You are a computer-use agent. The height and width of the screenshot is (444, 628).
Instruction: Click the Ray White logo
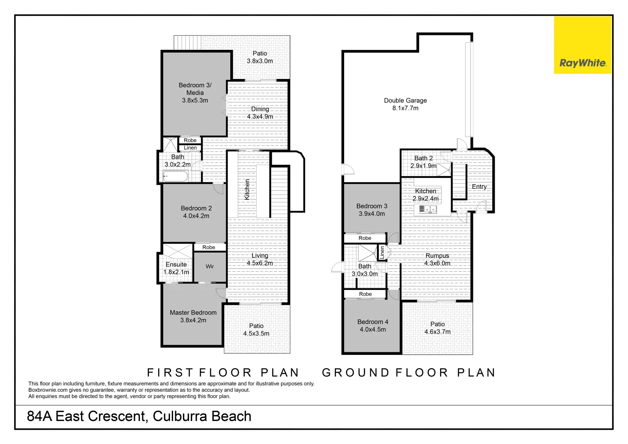coord(583,45)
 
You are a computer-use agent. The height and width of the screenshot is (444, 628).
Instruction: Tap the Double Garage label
coord(406,100)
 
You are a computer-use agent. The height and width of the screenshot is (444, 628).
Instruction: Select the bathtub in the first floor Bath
coord(175,176)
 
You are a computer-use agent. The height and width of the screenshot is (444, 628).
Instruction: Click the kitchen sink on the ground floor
coord(428,209)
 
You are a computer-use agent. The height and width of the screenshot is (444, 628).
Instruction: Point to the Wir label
coord(210,266)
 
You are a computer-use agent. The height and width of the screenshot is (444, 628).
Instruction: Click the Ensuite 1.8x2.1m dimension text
coord(176,272)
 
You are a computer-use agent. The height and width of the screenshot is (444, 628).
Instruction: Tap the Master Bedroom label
coord(193,312)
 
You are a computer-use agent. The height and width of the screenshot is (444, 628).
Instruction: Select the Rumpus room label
coord(437,256)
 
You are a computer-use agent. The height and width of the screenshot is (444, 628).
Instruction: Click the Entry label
coord(479,187)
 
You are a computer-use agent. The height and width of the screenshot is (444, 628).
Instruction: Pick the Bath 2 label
coord(423,158)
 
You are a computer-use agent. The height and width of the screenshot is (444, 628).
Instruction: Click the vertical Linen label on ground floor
coord(382,252)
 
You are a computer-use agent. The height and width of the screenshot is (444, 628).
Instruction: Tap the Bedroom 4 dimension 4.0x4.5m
coord(373,329)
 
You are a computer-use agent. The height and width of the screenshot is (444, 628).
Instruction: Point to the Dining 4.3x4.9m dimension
coord(260,117)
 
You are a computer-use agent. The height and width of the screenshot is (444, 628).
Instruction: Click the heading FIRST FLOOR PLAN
coord(223,372)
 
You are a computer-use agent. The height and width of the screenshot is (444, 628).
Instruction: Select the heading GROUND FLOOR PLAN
coord(409,372)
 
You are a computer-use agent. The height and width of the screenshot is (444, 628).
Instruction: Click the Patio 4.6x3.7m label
coord(437,328)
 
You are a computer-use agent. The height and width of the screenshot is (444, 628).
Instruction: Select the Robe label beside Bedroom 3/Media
coord(190,140)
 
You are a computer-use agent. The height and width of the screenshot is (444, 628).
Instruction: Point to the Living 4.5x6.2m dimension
coord(260,263)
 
